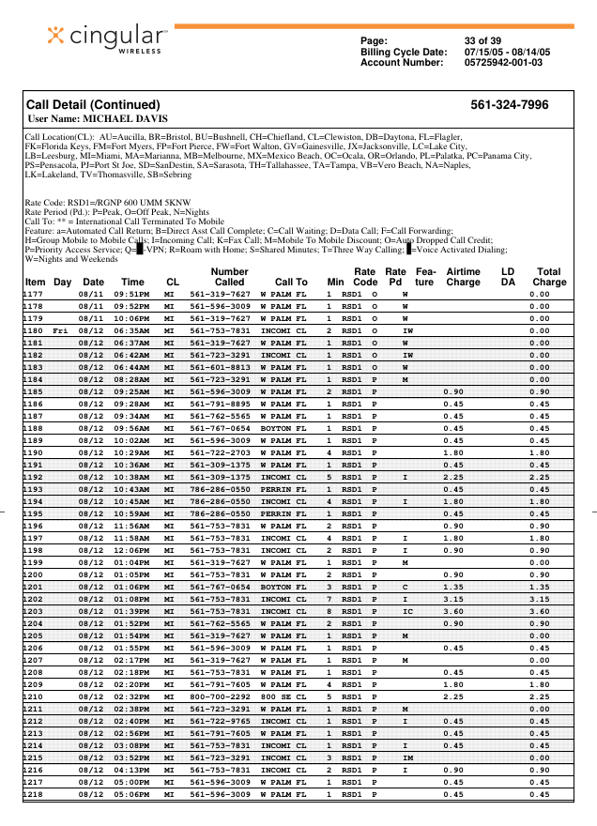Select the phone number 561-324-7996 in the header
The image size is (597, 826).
tap(509, 105)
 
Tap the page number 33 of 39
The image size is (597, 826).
tap(482, 40)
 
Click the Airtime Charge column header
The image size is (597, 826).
tap(463, 276)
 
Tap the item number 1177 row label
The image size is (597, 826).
tap(34, 294)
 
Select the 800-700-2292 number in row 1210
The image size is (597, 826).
tap(220, 696)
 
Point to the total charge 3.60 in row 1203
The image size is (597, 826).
tap(539, 611)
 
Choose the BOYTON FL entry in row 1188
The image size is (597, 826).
tap(283, 428)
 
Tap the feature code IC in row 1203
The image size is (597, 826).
tap(407, 611)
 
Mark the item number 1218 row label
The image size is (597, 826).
tap(34, 794)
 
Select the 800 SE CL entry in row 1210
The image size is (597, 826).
tap(283, 696)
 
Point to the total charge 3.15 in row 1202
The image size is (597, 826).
tap(539, 599)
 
